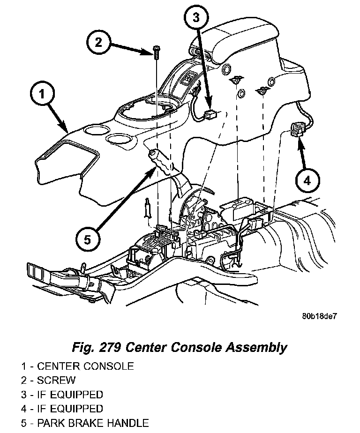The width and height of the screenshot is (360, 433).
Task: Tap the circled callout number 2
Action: click(x=98, y=42)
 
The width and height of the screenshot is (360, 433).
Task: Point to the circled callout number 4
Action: click(x=307, y=180)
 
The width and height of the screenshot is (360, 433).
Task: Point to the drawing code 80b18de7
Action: click(x=319, y=316)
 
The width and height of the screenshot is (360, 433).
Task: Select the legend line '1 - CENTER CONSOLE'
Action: click(x=77, y=366)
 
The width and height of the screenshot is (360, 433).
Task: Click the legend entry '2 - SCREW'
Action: click(x=48, y=380)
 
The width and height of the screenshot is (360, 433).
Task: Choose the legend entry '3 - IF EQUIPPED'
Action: click(x=62, y=395)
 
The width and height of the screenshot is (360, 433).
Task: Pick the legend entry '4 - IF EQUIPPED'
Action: click(x=62, y=409)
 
